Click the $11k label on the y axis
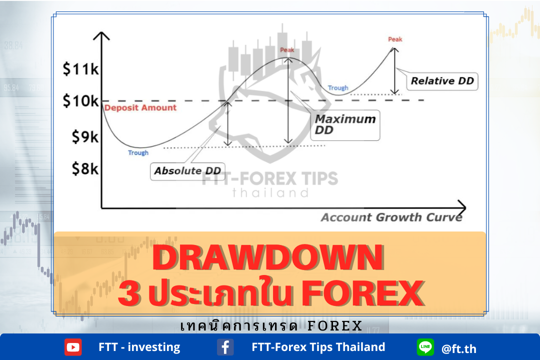pyautogui.click(x=80, y=69)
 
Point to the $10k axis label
pyautogui.click(x=80, y=100)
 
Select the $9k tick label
pyautogui.click(x=85, y=137)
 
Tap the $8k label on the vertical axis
pyautogui.click(x=85, y=169)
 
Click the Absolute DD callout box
pyautogui.click(x=187, y=171)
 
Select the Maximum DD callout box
pyautogui.click(x=345, y=125)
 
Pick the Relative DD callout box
pyautogui.click(x=442, y=81)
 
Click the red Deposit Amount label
pyautogui.click(x=140, y=108)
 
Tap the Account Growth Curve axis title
pyautogui.click(x=391, y=217)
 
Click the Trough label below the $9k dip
pyautogui.click(x=138, y=152)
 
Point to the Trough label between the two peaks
pyautogui.click(x=338, y=88)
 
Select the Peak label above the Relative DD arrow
pyautogui.click(x=395, y=39)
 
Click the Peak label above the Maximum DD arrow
pyautogui.click(x=287, y=50)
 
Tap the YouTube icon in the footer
pyautogui.click(x=73, y=347)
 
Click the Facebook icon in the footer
pyautogui.click(x=225, y=347)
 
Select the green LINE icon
pyautogui.click(x=425, y=347)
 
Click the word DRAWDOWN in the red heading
pyautogui.click(x=268, y=257)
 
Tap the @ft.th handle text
pyautogui.click(x=458, y=349)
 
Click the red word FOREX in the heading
pyautogui.click(x=362, y=293)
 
